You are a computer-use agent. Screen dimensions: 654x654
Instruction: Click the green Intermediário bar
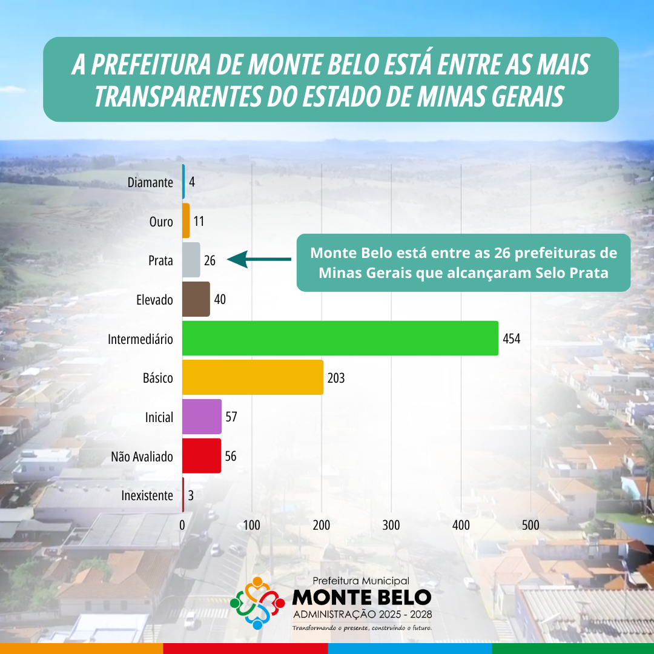click(340, 338)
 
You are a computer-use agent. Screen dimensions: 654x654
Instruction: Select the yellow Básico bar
click(253, 377)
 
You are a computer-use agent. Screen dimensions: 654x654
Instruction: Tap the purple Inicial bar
click(202, 417)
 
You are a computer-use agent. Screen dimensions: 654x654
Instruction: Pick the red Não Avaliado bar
click(201, 455)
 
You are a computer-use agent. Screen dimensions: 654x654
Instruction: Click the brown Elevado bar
click(196, 299)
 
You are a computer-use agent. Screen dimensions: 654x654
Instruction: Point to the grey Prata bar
click(191, 260)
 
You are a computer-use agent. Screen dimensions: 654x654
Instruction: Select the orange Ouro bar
click(186, 220)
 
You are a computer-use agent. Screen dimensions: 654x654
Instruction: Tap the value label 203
click(335, 378)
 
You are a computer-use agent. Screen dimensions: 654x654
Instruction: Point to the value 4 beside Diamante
click(191, 182)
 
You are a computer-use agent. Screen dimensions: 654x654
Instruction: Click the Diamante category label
click(150, 182)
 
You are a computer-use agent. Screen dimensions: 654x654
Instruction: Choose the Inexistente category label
click(147, 495)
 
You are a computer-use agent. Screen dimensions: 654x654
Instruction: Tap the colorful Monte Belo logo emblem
click(257, 603)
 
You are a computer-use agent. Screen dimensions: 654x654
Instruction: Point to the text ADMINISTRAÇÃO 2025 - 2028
click(362, 615)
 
